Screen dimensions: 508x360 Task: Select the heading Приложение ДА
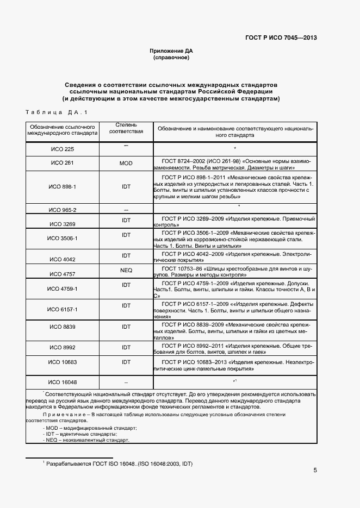(171, 51)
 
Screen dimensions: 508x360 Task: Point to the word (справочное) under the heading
(171, 58)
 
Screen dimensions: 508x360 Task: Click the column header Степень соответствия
(126, 128)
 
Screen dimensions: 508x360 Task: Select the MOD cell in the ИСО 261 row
(126, 163)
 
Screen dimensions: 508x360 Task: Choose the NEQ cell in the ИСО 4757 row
(126, 270)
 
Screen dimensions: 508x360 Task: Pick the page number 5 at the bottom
(315, 471)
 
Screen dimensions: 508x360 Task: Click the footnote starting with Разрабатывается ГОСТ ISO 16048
(119, 463)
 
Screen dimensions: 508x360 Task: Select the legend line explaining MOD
(90, 428)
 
